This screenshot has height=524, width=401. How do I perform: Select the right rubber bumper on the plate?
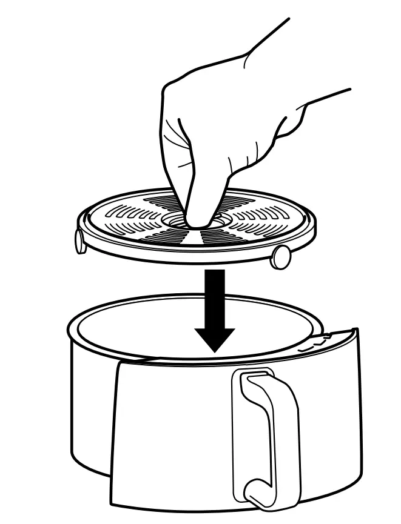tap(280, 257)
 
